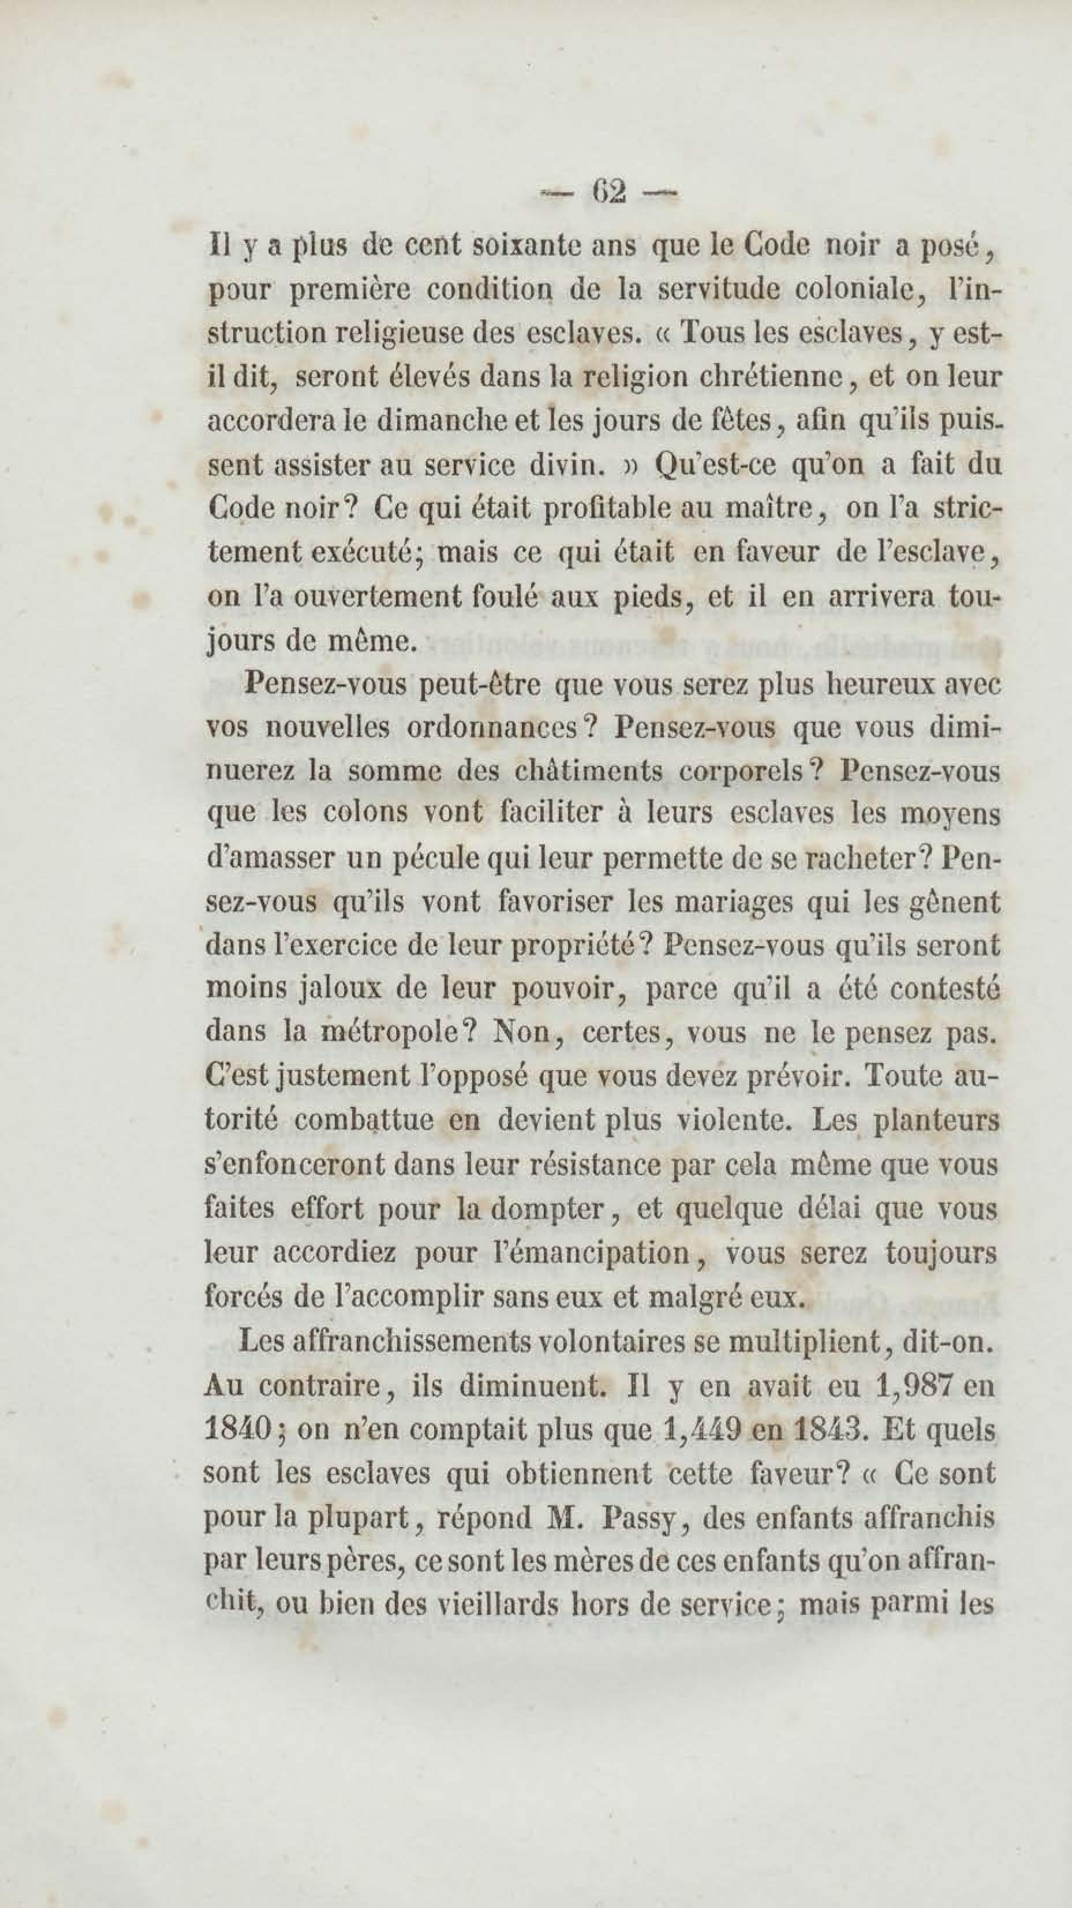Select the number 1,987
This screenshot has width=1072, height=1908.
pos(913,1385)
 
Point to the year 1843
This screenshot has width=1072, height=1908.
pos(828,1427)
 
